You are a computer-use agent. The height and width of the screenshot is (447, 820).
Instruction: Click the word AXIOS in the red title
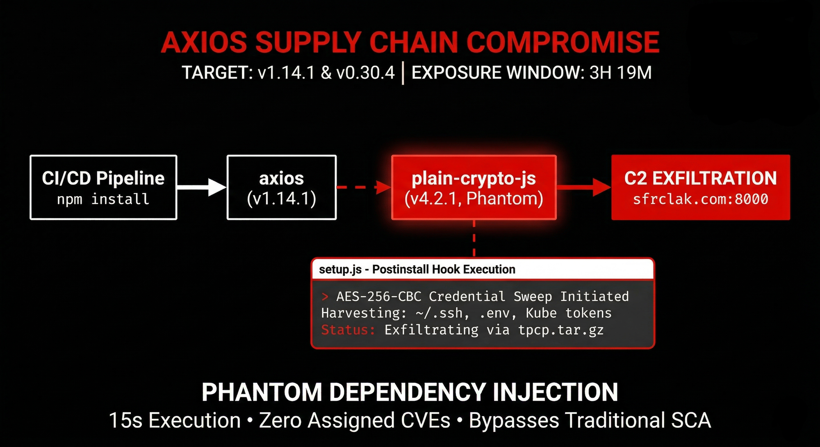click(x=204, y=43)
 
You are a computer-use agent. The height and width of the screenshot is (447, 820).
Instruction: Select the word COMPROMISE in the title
click(x=563, y=43)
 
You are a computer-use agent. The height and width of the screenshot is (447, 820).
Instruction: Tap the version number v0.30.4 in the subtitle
click(x=365, y=73)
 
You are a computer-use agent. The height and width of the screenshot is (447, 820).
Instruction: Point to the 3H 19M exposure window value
click(x=620, y=73)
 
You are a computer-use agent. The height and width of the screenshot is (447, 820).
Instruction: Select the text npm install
click(x=103, y=199)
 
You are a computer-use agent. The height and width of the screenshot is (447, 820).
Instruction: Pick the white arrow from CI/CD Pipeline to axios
click(x=202, y=187)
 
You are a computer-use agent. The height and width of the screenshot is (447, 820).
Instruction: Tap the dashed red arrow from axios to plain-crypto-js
click(x=364, y=187)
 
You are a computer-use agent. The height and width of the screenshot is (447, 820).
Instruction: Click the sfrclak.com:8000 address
click(x=700, y=199)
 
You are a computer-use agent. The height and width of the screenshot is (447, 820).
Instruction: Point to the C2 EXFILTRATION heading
click(x=700, y=178)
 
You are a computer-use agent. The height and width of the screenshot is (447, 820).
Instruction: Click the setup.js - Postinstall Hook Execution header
click(x=417, y=269)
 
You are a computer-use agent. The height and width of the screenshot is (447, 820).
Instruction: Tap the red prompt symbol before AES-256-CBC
click(x=325, y=296)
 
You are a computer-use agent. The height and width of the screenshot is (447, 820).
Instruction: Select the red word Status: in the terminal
click(x=348, y=330)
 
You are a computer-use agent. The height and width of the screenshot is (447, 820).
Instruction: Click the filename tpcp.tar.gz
click(x=561, y=330)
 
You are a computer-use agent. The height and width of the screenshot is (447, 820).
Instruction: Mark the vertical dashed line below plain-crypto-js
click(x=474, y=239)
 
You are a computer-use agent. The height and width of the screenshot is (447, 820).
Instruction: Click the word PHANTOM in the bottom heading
click(x=262, y=392)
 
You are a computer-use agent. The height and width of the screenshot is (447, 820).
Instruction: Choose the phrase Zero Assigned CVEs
click(x=355, y=420)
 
